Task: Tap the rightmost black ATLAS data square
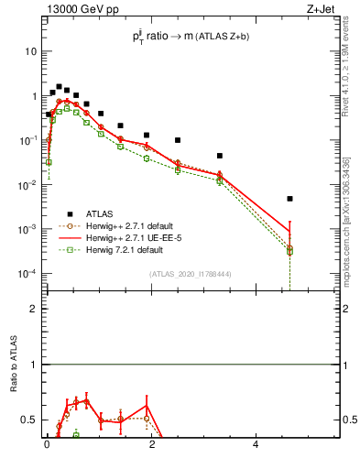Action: [x=289, y=199]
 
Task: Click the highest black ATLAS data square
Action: [x=59, y=87]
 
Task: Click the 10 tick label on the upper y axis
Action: [x=30, y=52]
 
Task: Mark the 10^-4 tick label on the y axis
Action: [x=27, y=274]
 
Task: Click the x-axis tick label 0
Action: [x=47, y=449]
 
